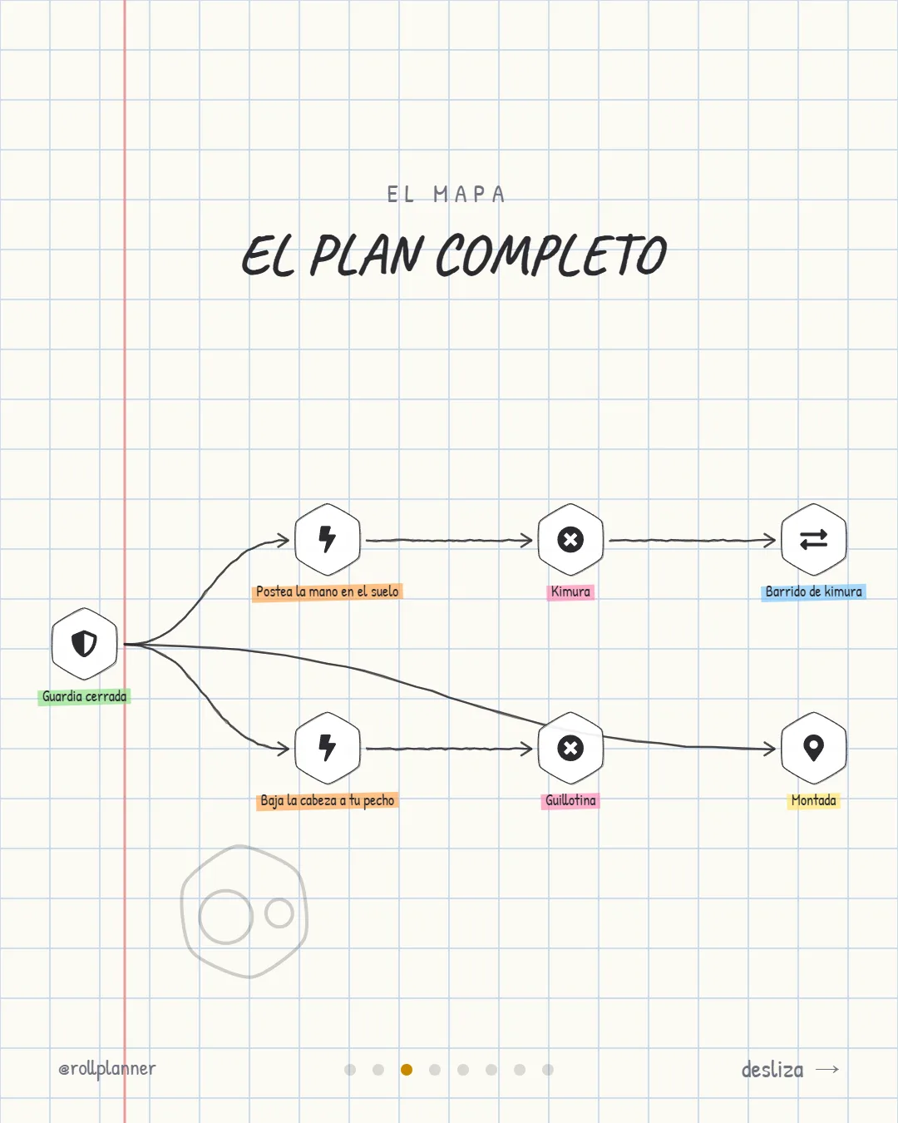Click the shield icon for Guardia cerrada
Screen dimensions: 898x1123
tap(84, 643)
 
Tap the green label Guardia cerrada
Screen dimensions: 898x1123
tap(84, 696)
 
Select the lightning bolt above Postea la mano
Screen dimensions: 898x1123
tap(327, 539)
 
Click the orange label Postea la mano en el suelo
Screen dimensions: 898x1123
tap(327, 591)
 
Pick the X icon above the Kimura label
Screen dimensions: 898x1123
tap(570, 539)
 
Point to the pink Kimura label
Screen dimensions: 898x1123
tap(570, 591)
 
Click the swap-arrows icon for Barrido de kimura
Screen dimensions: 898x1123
tap(813, 539)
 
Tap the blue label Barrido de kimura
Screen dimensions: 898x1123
tap(813, 591)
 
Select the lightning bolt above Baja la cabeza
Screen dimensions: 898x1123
tap(327, 748)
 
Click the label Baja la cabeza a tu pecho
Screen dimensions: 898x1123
tap(327, 800)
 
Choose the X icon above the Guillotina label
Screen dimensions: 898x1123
tap(570, 748)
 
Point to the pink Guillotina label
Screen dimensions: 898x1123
tap(570, 800)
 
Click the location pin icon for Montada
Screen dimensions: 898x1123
tap(813, 747)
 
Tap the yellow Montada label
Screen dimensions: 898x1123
tap(813, 800)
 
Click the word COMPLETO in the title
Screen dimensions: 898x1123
tap(550, 255)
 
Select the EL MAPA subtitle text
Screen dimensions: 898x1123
tap(447, 195)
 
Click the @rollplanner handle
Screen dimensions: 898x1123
tap(107, 1069)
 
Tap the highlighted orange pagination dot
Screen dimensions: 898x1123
tap(407, 1070)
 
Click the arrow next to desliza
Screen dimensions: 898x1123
tap(827, 1069)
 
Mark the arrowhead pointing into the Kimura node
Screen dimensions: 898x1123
tap(527, 540)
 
